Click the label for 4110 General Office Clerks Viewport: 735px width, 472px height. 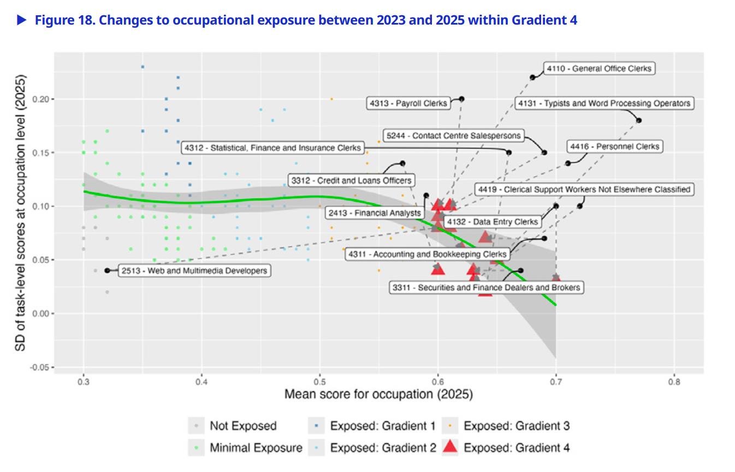point(599,69)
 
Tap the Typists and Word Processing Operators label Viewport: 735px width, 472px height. point(604,103)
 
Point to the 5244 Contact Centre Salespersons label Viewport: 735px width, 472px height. point(454,135)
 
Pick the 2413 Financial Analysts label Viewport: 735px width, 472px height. point(375,213)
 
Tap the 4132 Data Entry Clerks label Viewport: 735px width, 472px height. point(491,222)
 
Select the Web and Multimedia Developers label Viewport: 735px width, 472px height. point(194,270)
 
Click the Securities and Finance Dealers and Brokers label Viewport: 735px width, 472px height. point(487,287)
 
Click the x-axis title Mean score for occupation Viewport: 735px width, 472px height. point(378,394)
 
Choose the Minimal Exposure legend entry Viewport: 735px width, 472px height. point(256,448)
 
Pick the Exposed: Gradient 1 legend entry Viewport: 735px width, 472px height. point(383,426)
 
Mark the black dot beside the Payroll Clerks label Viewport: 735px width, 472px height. point(461,99)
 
